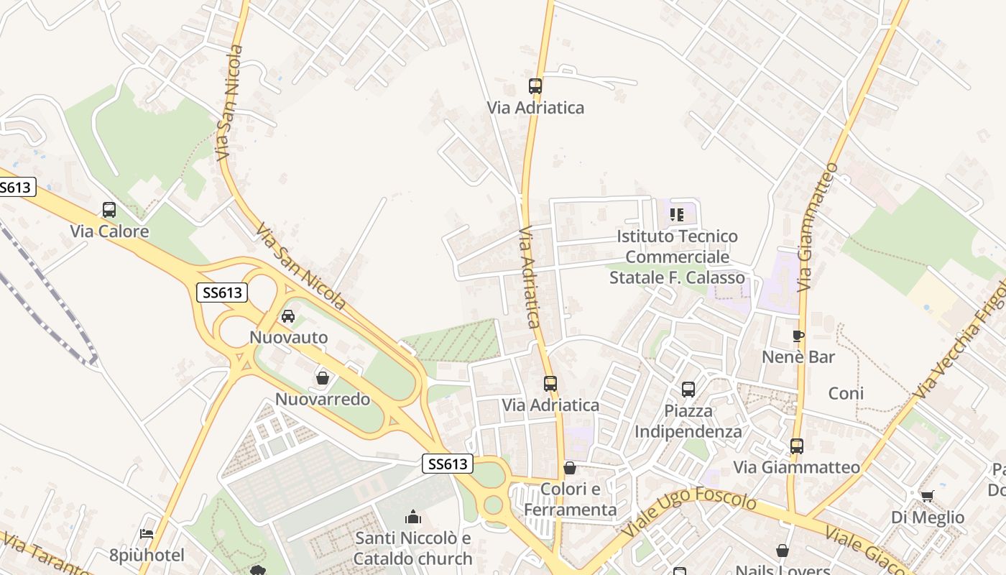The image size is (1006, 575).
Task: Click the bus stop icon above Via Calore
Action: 109,210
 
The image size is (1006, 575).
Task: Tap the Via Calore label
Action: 109,231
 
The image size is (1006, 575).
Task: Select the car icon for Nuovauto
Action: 288,316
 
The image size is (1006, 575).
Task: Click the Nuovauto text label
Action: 288,337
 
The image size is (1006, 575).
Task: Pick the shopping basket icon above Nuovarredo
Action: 323,378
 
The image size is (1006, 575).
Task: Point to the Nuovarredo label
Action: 323,399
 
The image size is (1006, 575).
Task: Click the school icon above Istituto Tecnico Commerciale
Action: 676,214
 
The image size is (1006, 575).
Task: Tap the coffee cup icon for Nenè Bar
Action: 798,336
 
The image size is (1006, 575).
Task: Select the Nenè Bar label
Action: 798,356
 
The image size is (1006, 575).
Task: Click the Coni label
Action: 846,393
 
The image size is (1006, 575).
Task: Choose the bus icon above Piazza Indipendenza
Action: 688,390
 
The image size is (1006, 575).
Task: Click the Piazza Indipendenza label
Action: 688,421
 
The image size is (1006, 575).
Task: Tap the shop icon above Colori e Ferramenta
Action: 570,468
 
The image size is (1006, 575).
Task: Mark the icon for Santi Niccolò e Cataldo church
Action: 413,517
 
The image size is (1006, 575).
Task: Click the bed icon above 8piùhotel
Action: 147,534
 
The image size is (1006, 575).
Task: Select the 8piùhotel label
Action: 147,555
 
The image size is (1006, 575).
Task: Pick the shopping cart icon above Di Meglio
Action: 928,496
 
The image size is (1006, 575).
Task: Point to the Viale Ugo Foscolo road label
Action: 689,511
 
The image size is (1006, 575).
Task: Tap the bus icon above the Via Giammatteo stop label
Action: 796,446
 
